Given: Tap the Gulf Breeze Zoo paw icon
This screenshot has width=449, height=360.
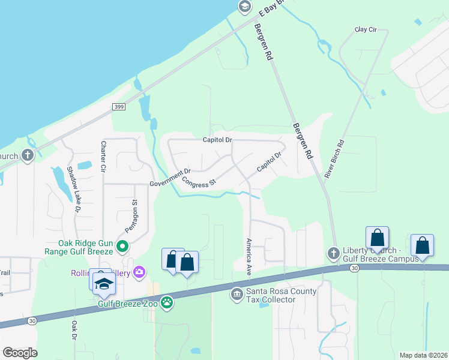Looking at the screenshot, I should tap(166, 304).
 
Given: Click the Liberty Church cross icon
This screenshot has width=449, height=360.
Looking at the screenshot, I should tap(334, 253).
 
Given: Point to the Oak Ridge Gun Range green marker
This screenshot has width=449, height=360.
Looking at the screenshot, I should tap(122, 246).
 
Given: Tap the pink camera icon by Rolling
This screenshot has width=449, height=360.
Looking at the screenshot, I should tap(140, 273).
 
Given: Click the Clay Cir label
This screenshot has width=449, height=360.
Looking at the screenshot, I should tap(366, 29).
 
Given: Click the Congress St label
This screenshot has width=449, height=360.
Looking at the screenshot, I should tap(199, 182).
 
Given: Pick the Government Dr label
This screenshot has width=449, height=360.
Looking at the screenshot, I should tap(170, 178).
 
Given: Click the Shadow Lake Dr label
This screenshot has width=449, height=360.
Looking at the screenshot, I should tap(73, 190).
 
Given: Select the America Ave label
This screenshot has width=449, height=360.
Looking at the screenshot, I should tap(249, 256).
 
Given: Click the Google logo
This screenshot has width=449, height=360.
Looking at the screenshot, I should tap(20, 352).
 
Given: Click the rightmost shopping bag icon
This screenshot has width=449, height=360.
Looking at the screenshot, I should tap(423, 245).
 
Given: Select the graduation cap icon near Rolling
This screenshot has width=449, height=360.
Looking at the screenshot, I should tap(104, 283).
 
